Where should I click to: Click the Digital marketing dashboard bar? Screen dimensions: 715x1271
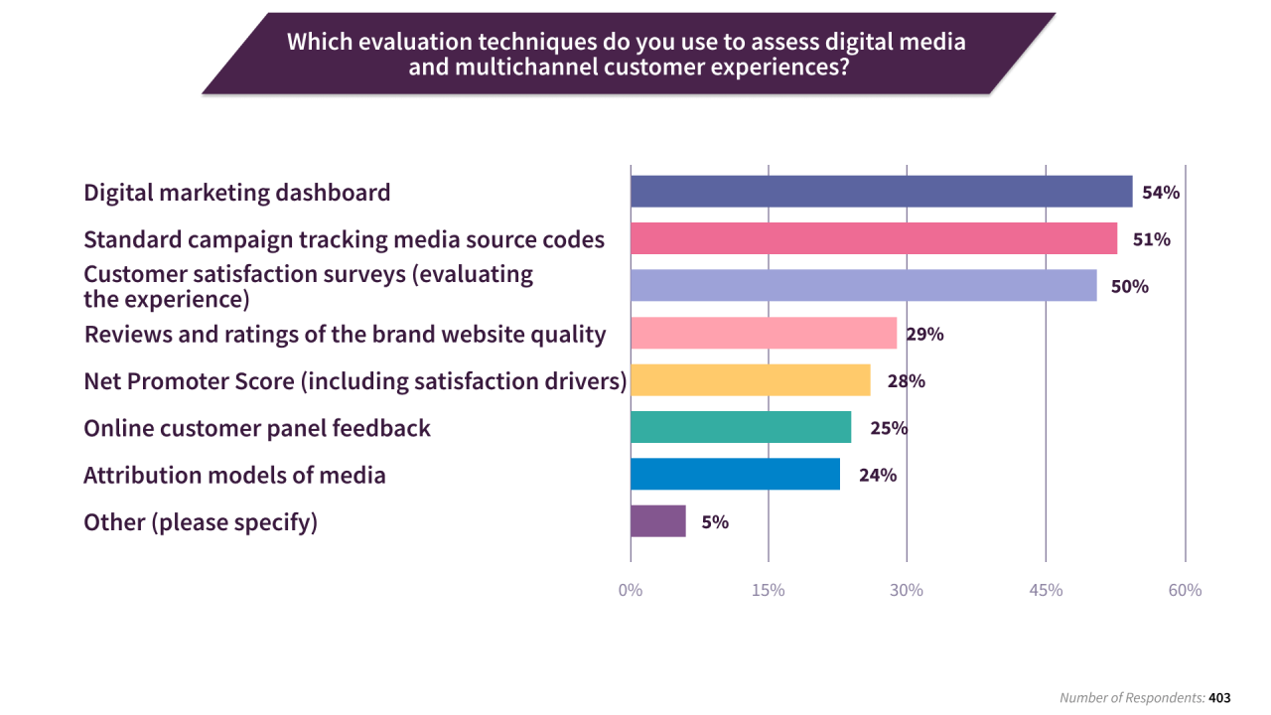[x=881, y=192]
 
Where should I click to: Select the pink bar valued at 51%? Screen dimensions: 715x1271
[x=874, y=238]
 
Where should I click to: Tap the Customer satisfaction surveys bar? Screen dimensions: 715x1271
[x=863, y=285]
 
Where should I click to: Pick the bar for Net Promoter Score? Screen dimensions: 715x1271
[x=750, y=380]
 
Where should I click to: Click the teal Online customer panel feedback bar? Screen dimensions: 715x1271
[x=741, y=427]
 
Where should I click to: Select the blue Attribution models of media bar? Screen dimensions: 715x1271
[x=735, y=474]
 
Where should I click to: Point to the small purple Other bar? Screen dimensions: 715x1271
[x=657, y=521]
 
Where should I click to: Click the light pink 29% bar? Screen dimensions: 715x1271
[x=764, y=333]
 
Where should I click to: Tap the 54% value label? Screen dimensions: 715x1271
[x=1160, y=193]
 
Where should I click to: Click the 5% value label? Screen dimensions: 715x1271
[x=715, y=522]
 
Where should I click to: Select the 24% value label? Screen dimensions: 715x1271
[x=878, y=475]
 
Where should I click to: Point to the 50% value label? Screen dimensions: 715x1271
[x=1130, y=287]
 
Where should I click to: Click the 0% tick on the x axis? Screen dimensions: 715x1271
[x=631, y=590]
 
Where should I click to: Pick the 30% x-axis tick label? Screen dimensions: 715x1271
[x=907, y=590]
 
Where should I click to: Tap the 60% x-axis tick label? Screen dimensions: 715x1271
[x=1185, y=590]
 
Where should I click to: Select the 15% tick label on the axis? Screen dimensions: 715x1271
[x=769, y=590]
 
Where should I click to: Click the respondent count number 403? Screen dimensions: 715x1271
[x=1219, y=698]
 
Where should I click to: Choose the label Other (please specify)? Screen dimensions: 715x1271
[x=201, y=522]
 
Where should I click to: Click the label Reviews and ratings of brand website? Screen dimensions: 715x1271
[x=345, y=334]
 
